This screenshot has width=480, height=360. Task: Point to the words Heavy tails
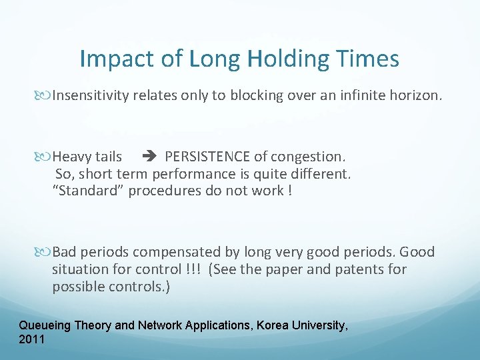coord(87,157)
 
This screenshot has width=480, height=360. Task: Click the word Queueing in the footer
coord(45,325)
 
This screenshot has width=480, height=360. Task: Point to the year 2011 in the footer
coord(32,339)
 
